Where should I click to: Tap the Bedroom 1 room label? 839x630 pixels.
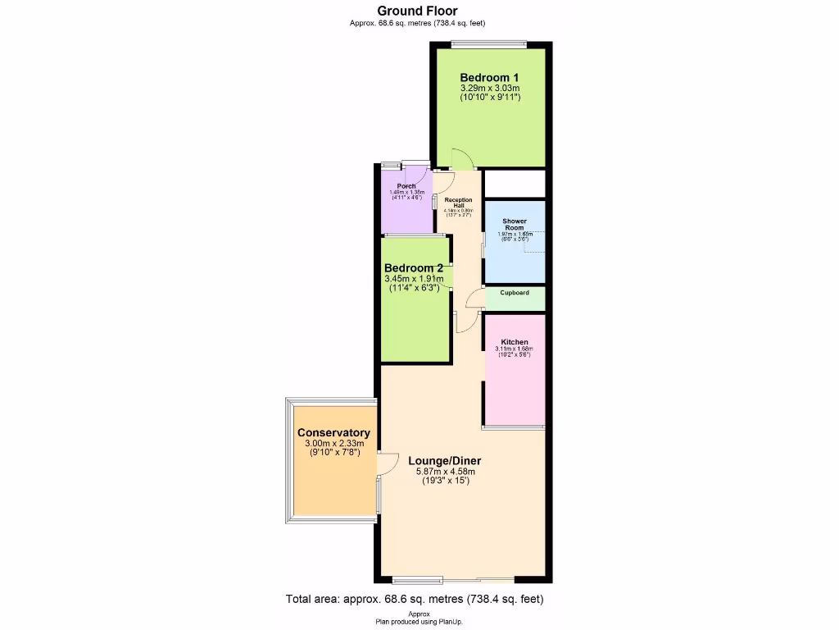[x=490, y=77]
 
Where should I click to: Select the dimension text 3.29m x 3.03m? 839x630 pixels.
[x=490, y=89]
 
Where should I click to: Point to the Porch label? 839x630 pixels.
[x=406, y=186]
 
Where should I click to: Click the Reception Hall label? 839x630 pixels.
[x=459, y=203]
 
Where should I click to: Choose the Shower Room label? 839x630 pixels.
[x=515, y=224]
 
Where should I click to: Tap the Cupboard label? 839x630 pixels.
[x=515, y=293]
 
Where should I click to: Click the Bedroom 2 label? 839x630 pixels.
[x=414, y=268]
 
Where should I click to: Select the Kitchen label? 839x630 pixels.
[x=515, y=342]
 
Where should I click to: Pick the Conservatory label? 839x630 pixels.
[x=333, y=433]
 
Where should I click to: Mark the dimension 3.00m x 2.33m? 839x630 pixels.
[x=333, y=445]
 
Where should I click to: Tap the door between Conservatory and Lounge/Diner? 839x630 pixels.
[x=387, y=464]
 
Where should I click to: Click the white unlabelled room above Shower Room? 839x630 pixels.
[x=515, y=183]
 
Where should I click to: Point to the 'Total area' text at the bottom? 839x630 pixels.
[x=415, y=599]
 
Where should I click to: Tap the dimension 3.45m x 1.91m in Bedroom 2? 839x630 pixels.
[x=414, y=279]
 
